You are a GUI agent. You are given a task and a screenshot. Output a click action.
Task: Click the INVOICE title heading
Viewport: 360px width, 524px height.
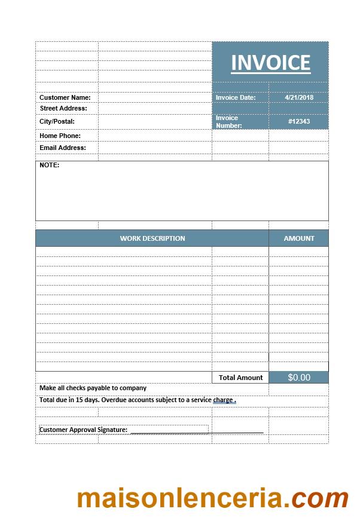[270, 63]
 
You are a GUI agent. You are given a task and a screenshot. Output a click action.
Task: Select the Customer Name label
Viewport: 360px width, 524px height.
[65, 97]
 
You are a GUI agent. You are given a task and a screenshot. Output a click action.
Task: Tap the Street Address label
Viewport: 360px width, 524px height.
[63, 108]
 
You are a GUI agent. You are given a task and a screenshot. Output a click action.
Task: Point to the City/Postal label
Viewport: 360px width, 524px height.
[57, 121]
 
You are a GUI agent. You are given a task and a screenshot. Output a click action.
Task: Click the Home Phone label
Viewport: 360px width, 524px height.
[60, 136]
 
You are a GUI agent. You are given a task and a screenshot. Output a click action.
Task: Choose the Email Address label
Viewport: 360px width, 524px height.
[63, 148]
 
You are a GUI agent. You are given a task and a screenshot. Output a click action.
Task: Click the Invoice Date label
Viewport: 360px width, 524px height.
[236, 97]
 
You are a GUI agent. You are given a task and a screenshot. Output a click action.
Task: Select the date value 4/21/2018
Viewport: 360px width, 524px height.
[299, 97]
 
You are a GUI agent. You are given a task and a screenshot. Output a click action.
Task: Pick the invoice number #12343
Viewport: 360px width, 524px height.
[299, 121]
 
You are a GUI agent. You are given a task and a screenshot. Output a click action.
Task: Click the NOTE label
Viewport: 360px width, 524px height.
[50, 165]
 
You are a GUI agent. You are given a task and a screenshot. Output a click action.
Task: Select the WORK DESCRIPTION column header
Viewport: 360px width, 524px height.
[152, 238]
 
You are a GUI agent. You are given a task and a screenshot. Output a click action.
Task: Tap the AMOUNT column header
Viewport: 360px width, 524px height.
[299, 238]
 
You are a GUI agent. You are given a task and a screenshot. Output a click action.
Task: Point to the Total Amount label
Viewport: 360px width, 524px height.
[240, 378]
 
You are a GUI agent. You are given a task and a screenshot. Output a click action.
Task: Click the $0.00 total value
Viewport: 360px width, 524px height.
[299, 378]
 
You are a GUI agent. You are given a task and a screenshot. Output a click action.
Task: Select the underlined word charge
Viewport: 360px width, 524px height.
[223, 400]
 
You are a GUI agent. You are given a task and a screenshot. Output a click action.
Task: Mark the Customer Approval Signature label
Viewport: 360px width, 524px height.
[84, 430]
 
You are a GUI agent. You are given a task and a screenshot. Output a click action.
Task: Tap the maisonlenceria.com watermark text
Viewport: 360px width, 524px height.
[212, 498]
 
